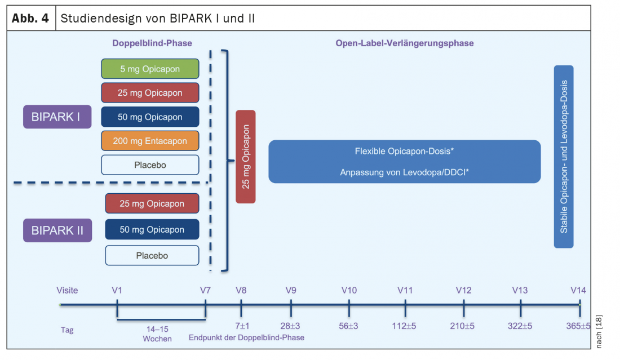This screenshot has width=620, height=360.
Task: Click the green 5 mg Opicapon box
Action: point(150,69)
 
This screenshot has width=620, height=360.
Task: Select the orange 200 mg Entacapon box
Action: point(150,141)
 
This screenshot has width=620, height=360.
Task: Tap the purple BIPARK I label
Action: point(57,117)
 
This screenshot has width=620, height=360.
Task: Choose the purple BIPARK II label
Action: point(57,230)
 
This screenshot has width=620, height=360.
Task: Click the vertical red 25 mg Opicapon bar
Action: point(246,157)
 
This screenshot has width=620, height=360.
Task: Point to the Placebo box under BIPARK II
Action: point(152,256)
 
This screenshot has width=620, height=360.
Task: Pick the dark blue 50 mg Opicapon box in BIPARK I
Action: point(150,117)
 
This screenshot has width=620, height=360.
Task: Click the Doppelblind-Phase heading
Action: point(152,43)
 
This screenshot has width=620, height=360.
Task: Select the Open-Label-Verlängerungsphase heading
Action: point(405,43)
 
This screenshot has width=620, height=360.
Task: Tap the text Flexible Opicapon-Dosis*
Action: point(404,152)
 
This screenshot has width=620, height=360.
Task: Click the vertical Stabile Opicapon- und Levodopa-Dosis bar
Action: point(564,157)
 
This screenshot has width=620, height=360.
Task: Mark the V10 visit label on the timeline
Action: point(349,291)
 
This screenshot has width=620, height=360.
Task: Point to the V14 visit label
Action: point(578,291)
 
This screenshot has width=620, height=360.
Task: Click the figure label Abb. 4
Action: point(31,18)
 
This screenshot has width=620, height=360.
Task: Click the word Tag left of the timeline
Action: point(67,330)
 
